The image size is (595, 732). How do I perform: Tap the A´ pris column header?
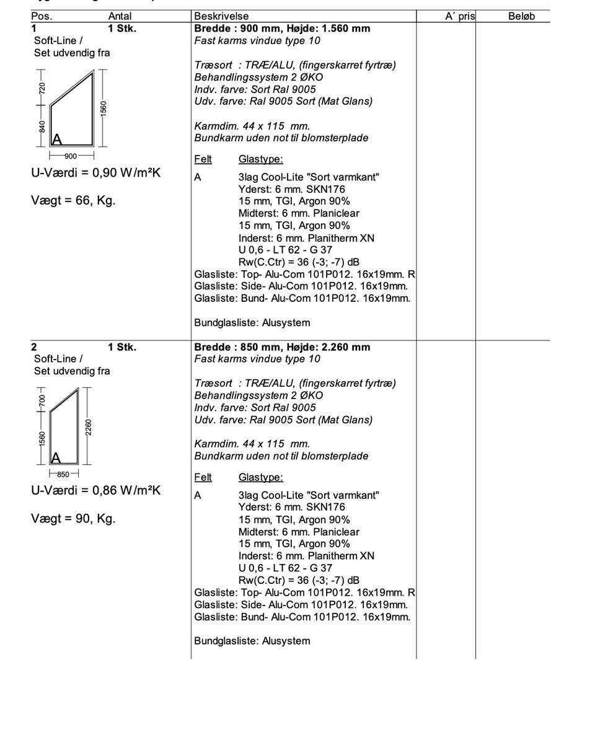(459, 17)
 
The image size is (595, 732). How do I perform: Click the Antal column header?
(120, 17)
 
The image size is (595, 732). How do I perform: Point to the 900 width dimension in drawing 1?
(71, 156)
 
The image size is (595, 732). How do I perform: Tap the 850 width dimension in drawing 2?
(63, 475)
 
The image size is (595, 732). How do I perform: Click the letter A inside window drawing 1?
(56, 139)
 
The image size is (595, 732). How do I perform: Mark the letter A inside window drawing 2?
(56, 458)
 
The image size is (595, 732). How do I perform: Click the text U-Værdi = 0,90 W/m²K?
(95, 173)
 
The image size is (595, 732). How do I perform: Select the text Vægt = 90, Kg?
(73, 519)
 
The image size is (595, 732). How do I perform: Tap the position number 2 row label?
(34, 347)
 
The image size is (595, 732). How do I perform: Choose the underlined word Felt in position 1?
(203, 159)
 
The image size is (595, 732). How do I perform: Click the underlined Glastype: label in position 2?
(260, 477)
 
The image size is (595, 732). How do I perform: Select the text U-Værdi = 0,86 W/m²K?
(95, 491)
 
